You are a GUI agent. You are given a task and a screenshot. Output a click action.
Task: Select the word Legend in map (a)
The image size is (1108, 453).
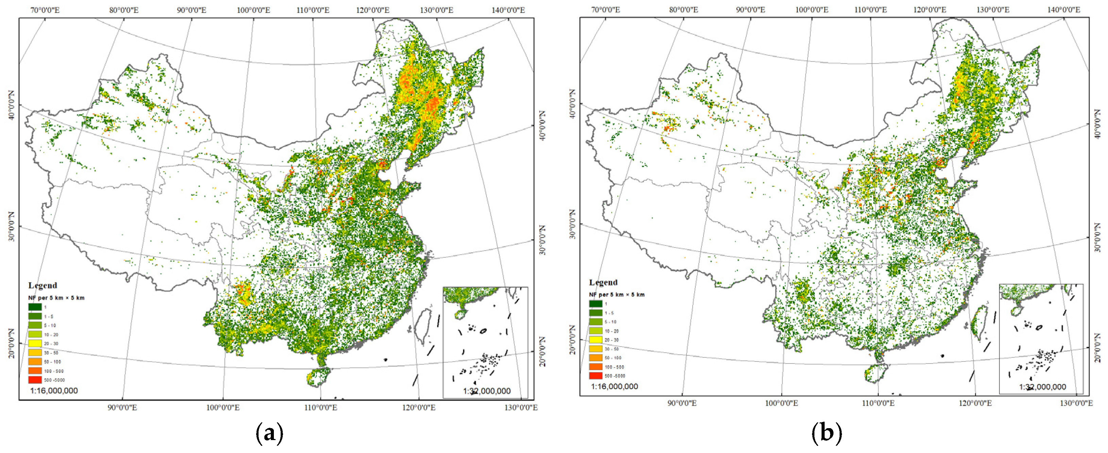(x=43, y=285)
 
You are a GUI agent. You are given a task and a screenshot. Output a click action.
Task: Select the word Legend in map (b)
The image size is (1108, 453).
(x=603, y=282)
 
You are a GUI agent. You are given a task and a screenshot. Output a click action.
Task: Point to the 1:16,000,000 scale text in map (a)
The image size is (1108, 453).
(x=54, y=391)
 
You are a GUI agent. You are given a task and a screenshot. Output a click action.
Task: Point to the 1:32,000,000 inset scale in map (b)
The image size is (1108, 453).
(x=1042, y=387)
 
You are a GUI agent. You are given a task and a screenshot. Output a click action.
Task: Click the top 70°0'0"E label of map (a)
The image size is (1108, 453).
(x=45, y=10)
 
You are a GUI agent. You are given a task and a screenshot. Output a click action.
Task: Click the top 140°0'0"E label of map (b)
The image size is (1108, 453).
(x=1063, y=10)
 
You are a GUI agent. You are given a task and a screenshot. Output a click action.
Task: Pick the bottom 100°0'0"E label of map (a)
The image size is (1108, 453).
(x=223, y=407)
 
